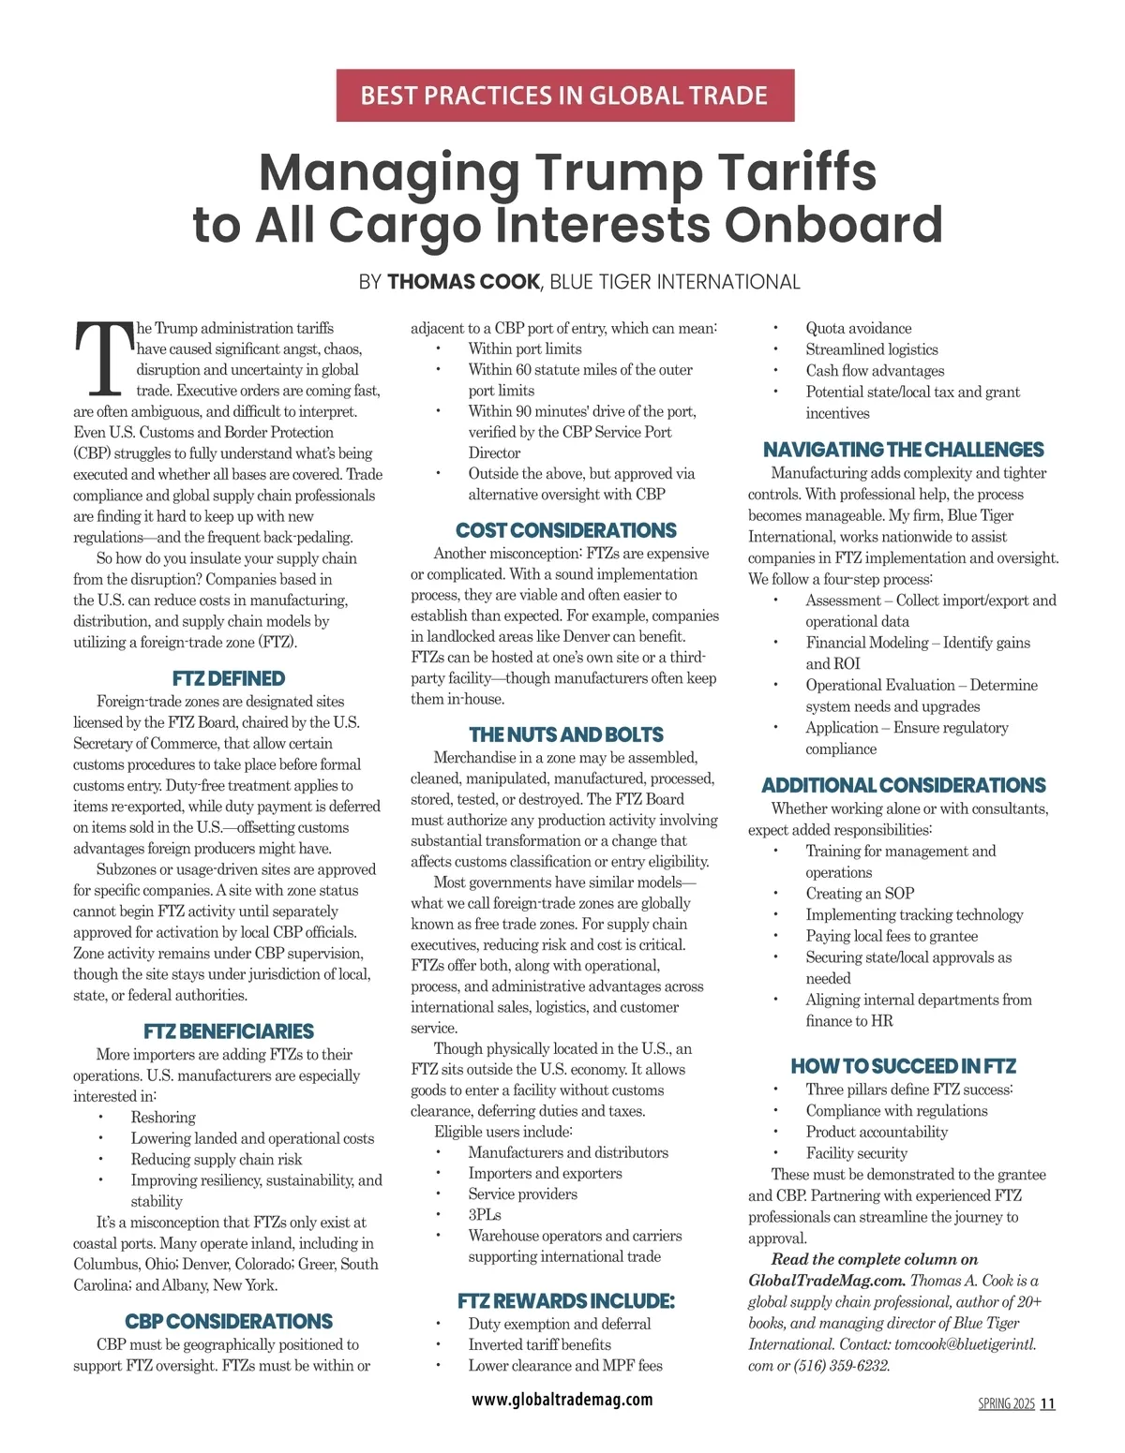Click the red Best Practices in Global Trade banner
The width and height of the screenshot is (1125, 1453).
564,96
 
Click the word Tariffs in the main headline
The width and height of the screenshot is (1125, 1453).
797,172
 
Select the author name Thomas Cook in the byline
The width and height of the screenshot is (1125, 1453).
463,282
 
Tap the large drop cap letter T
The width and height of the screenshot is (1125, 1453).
101,358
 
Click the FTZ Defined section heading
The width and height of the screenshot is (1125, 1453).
228,678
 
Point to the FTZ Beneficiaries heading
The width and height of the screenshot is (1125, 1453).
228,1031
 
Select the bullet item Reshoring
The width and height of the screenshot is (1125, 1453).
163,1117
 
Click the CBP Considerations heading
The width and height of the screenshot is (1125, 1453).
228,1321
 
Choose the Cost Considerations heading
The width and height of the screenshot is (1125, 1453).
565,530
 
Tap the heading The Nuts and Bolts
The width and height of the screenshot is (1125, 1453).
565,734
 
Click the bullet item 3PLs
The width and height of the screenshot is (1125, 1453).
485,1214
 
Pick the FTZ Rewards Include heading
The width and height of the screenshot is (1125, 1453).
565,1300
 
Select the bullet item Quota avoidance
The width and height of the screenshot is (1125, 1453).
858,328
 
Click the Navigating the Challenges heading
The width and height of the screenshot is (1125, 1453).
903,450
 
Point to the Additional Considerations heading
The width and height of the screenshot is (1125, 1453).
903,785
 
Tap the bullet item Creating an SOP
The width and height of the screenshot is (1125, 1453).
860,893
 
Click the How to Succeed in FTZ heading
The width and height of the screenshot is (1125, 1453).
903,1066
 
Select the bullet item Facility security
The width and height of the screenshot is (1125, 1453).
856,1153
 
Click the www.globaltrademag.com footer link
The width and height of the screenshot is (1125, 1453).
562,1400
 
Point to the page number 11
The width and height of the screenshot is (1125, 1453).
1047,1403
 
